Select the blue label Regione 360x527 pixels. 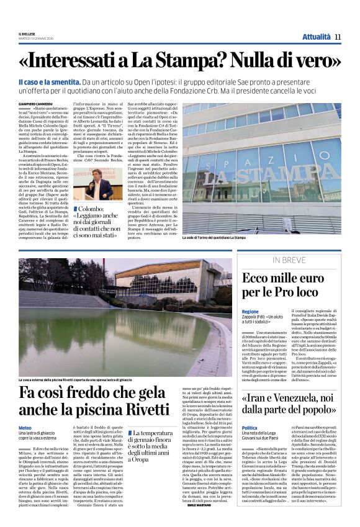pyautogui.click(x=250, y=311)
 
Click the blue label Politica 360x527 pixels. pyautogui.click(x=250, y=428)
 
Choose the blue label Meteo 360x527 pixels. pyautogui.click(x=25, y=428)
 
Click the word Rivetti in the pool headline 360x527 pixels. pyautogui.click(x=143, y=410)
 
